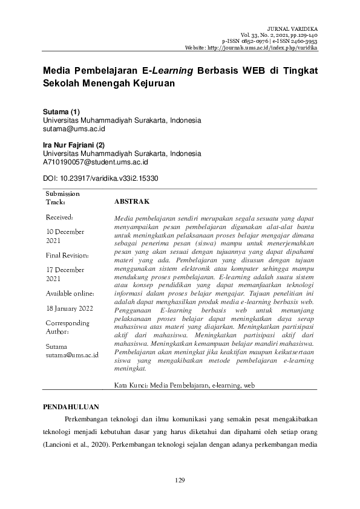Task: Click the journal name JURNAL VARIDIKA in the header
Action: (292, 28)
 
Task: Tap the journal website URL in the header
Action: (253, 48)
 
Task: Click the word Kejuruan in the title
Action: (151, 84)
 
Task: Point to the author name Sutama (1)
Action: (61, 112)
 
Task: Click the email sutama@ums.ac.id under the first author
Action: (74, 129)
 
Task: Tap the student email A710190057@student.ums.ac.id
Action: (96, 162)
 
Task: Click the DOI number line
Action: (100, 179)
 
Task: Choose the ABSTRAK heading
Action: (131, 201)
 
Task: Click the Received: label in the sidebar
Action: (59, 216)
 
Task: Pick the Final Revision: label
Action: (67, 255)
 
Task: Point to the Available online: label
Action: (70, 293)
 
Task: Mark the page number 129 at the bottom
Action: (180, 480)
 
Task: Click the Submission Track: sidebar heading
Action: (63, 198)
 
